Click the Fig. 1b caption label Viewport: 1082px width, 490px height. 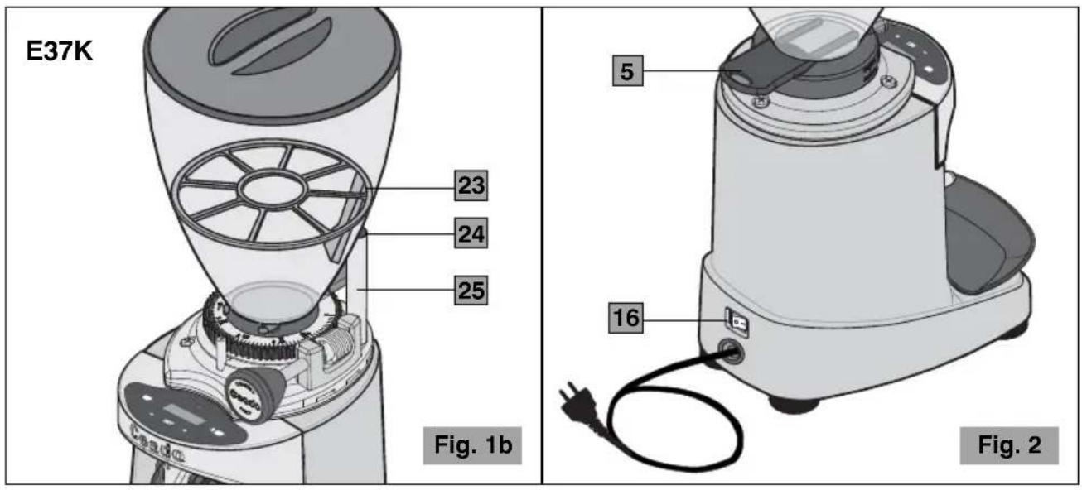pos(472,445)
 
